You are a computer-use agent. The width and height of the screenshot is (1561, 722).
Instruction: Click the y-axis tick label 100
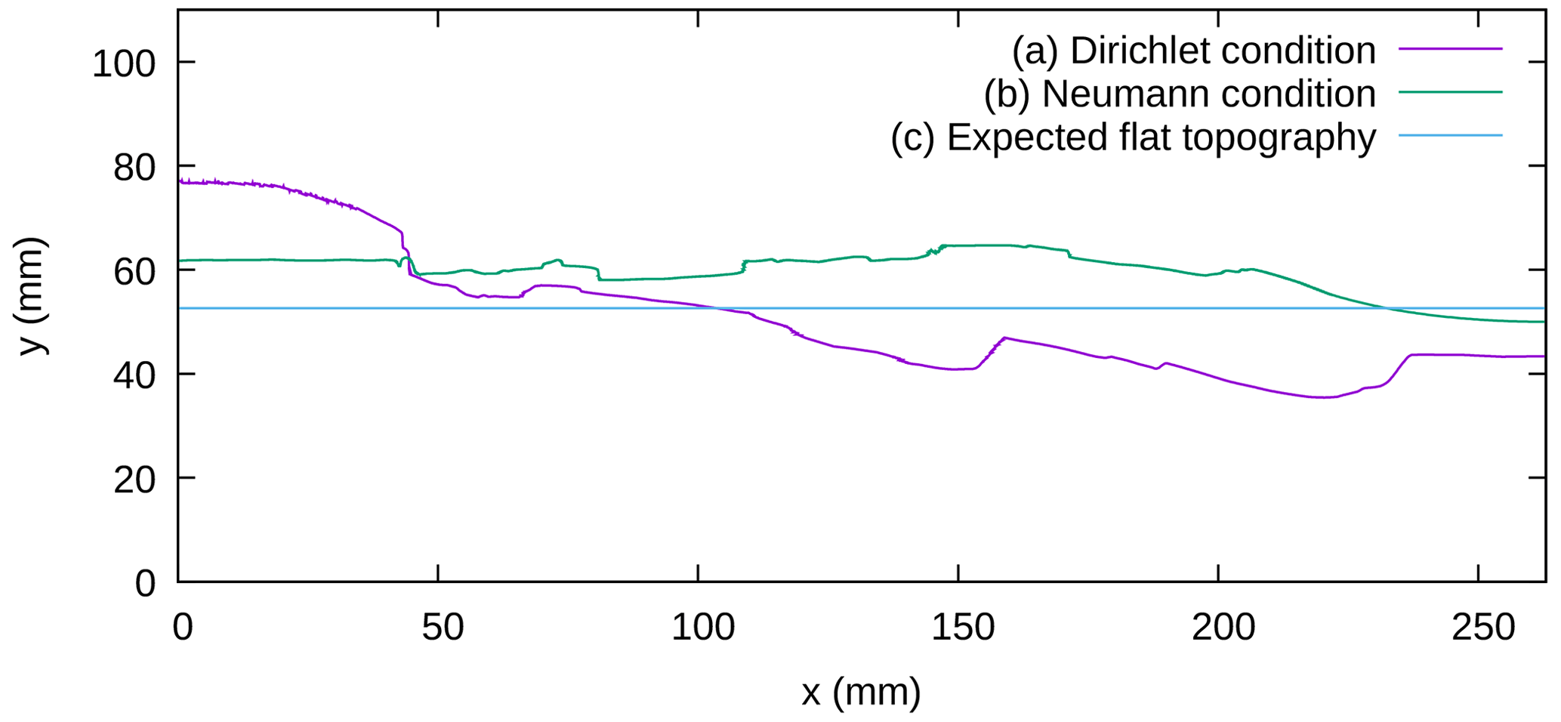click(123, 64)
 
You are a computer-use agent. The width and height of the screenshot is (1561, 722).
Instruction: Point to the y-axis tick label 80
click(134, 168)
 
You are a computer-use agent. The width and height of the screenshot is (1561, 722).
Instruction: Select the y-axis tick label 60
click(134, 272)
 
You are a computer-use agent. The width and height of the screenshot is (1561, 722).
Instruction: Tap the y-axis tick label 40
click(134, 375)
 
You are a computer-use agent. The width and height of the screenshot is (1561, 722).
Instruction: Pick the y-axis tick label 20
click(134, 480)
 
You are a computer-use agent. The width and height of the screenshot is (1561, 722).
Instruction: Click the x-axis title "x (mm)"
click(861, 692)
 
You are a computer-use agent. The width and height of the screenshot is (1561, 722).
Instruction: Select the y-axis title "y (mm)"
click(32, 296)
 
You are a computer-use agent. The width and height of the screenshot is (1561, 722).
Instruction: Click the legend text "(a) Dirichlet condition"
click(1193, 51)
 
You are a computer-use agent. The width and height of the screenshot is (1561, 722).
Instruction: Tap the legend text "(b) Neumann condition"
click(1179, 94)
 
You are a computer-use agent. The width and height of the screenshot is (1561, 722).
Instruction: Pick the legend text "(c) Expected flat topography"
click(1133, 137)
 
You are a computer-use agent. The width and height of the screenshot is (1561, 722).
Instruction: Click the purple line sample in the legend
click(1450, 48)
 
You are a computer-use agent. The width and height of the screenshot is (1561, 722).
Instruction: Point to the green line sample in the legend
click(1450, 92)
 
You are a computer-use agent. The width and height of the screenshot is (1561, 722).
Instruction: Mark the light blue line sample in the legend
click(1450, 135)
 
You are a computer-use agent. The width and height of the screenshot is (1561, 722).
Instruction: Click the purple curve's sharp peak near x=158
click(1004, 338)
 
